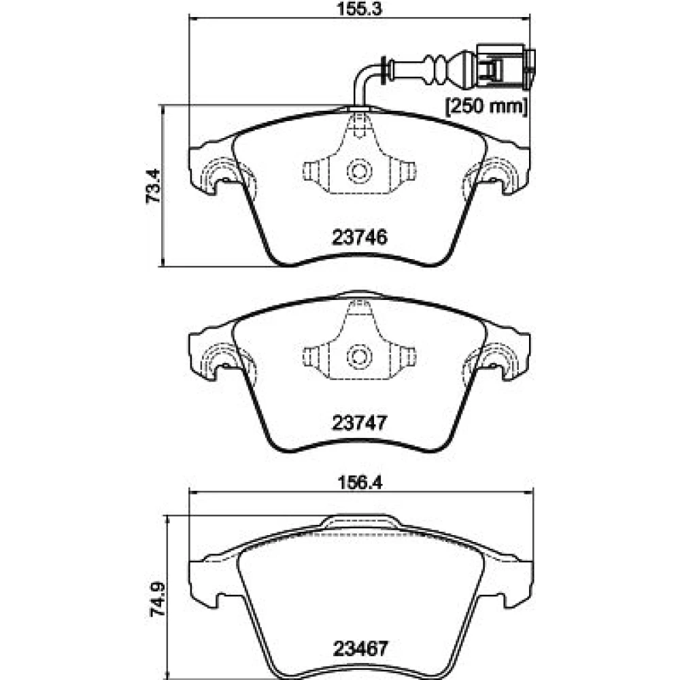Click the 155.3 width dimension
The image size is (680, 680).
pyautogui.click(x=360, y=9)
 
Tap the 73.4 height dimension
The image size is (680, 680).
pyautogui.click(x=153, y=186)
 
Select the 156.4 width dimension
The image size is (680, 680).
pyautogui.click(x=360, y=482)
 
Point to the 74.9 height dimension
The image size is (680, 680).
pyautogui.click(x=158, y=599)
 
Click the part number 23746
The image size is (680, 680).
pyautogui.click(x=360, y=237)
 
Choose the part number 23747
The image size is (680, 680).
pyautogui.click(x=359, y=423)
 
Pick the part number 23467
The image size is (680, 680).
pyautogui.click(x=360, y=649)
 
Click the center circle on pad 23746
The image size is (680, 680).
pyautogui.click(x=359, y=171)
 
